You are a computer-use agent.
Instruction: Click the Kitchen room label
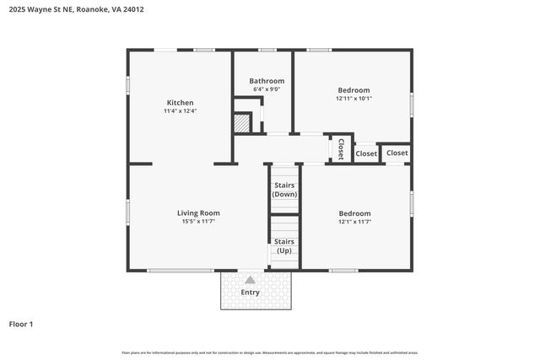click(x=180, y=103)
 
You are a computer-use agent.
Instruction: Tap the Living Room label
click(x=198, y=212)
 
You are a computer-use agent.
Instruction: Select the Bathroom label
click(x=267, y=81)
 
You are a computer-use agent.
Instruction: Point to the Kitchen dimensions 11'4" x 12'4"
click(x=180, y=111)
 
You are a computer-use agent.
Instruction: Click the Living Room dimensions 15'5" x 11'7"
click(x=198, y=221)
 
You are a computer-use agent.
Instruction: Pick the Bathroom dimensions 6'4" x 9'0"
click(x=267, y=89)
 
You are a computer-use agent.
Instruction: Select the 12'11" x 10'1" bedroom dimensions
click(x=354, y=98)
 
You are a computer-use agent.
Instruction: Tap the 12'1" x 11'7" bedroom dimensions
click(x=354, y=222)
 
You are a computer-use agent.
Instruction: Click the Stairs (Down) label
click(x=284, y=190)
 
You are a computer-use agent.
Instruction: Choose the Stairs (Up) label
click(x=284, y=245)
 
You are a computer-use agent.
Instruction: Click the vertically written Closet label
click(x=341, y=149)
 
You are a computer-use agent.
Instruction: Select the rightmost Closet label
click(x=397, y=153)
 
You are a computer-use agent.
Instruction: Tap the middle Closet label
click(x=366, y=154)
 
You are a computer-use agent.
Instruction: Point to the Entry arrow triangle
click(x=250, y=280)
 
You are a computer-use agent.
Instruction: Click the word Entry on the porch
click(x=250, y=293)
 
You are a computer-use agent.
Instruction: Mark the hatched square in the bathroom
click(x=242, y=122)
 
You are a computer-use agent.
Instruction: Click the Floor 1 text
click(x=20, y=324)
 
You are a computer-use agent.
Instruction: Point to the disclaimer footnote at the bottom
click(x=269, y=352)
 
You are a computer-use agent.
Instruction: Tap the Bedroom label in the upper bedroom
click(x=354, y=89)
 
